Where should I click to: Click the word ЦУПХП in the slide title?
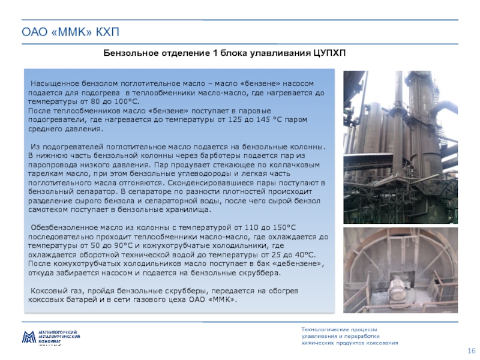[x=329, y=53]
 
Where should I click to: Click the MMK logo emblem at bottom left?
[x=29, y=337]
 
